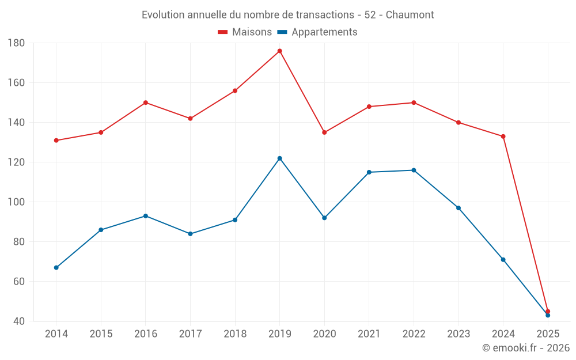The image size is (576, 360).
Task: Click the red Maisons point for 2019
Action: coord(280,51)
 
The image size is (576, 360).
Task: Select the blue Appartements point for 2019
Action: coord(280,158)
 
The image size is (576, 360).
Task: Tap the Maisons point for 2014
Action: coord(56,141)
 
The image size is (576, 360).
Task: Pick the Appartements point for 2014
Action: coord(56,268)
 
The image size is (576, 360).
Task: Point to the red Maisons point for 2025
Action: coord(548,311)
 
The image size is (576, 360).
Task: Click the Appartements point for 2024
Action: coord(503,260)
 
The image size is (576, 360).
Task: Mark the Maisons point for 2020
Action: coord(324,132)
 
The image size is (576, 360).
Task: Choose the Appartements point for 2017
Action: coord(190,234)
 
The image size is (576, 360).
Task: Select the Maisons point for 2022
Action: coord(414,103)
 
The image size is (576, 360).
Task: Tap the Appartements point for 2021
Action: coord(369,172)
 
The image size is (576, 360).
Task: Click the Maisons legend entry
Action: coord(245,32)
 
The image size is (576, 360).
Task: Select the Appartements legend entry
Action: coord(317,32)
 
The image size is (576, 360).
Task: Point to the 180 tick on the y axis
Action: coord(16,43)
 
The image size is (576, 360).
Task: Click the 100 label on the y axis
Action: coord(16,202)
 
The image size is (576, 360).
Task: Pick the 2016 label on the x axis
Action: coord(146,334)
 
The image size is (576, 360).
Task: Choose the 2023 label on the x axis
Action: coord(458,334)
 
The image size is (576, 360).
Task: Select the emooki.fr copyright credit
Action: coord(526,348)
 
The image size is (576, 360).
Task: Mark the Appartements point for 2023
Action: coord(458,208)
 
